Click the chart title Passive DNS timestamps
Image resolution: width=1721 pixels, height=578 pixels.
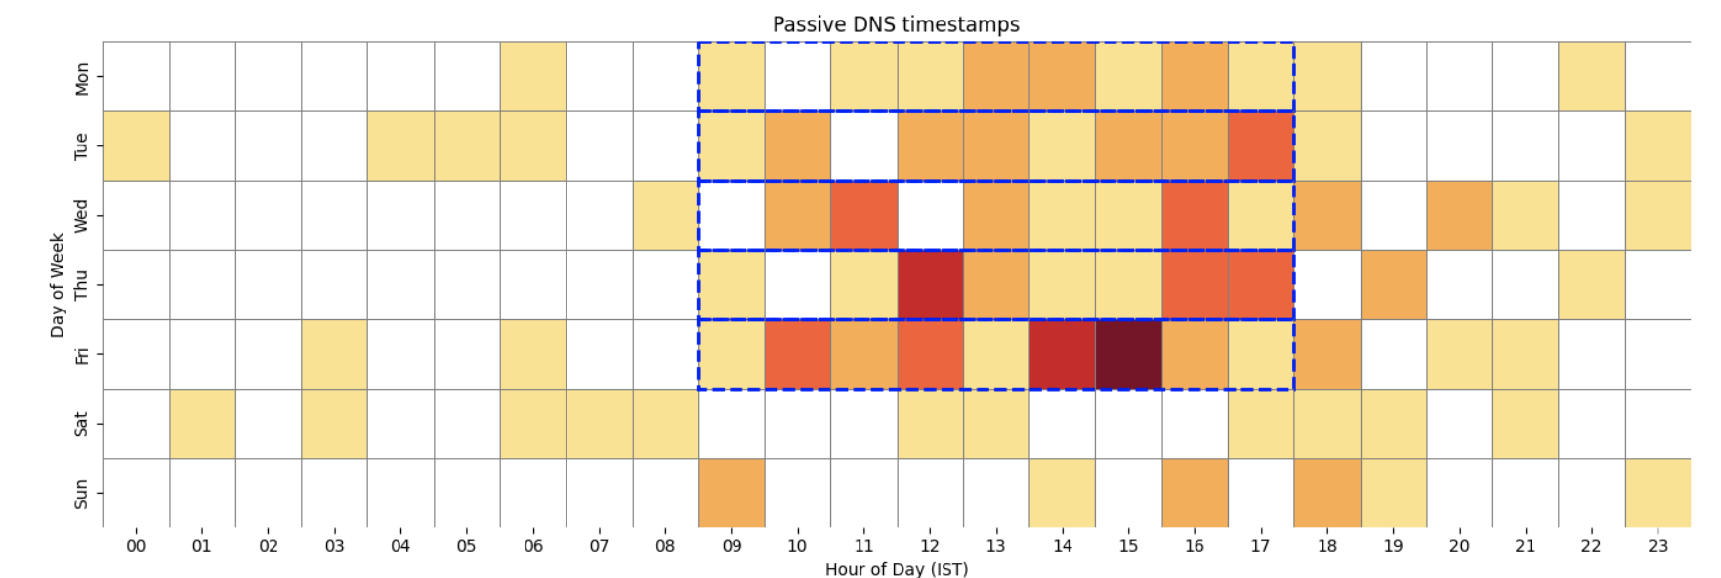(x=896, y=24)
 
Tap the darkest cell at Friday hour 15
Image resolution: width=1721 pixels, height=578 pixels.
(x=1128, y=354)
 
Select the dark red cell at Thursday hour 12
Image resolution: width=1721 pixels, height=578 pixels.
(x=930, y=285)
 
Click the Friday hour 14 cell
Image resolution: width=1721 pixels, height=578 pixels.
(x=1062, y=354)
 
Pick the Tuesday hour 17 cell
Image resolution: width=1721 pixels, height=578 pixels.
(x=1260, y=146)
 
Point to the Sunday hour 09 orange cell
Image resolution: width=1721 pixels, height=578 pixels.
(x=732, y=493)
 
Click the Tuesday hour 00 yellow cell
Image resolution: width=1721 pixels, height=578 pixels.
(x=136, y=146)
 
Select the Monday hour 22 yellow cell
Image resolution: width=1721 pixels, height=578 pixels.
(x=1591, y=76)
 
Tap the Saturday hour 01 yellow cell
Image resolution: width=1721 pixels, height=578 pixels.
(x=202, y=424)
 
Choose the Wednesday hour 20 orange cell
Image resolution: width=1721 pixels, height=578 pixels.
(x=1459, y=216)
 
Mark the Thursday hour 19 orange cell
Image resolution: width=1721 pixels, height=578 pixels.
(x=1393, y=285)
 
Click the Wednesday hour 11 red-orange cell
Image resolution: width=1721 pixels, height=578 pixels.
(x=863, y=216)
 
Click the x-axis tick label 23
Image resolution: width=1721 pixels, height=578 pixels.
(x=1658, y=546)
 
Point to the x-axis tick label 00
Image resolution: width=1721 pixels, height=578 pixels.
(x=136, y=546)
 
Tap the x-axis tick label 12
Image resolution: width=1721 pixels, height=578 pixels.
(x=930, y=546)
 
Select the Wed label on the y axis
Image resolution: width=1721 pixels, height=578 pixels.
(x=81, y=216)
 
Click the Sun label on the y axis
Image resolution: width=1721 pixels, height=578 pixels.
(x=81, y=493)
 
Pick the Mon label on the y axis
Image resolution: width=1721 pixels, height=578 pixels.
(x=81, y=78)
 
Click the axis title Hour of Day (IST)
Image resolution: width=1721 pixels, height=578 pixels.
(x=896, y=569)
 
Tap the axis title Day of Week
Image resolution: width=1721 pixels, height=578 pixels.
(x=57, y=285)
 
